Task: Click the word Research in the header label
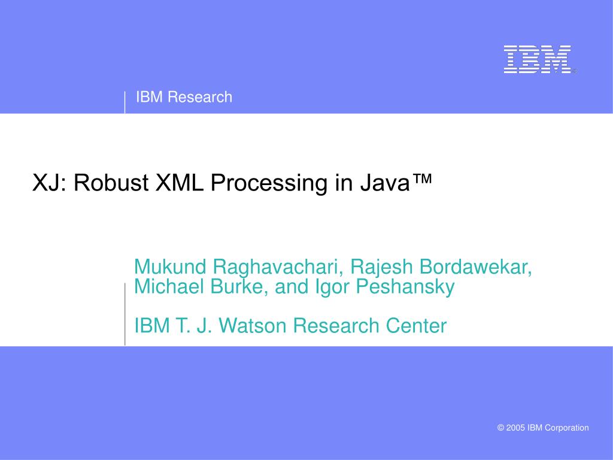(200, 97)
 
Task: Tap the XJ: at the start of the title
(49, 183)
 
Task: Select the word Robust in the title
(111, 183)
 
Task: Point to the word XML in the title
(180, 183)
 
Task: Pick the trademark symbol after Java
(421, 178)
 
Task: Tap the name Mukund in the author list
(169, 267)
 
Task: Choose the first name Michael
(169, 286)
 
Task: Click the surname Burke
(239, 286)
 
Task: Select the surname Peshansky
(405, 287)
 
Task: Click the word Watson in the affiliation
(252, 325)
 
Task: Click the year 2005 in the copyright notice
(515, 428)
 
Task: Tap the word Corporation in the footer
(566, 428)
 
